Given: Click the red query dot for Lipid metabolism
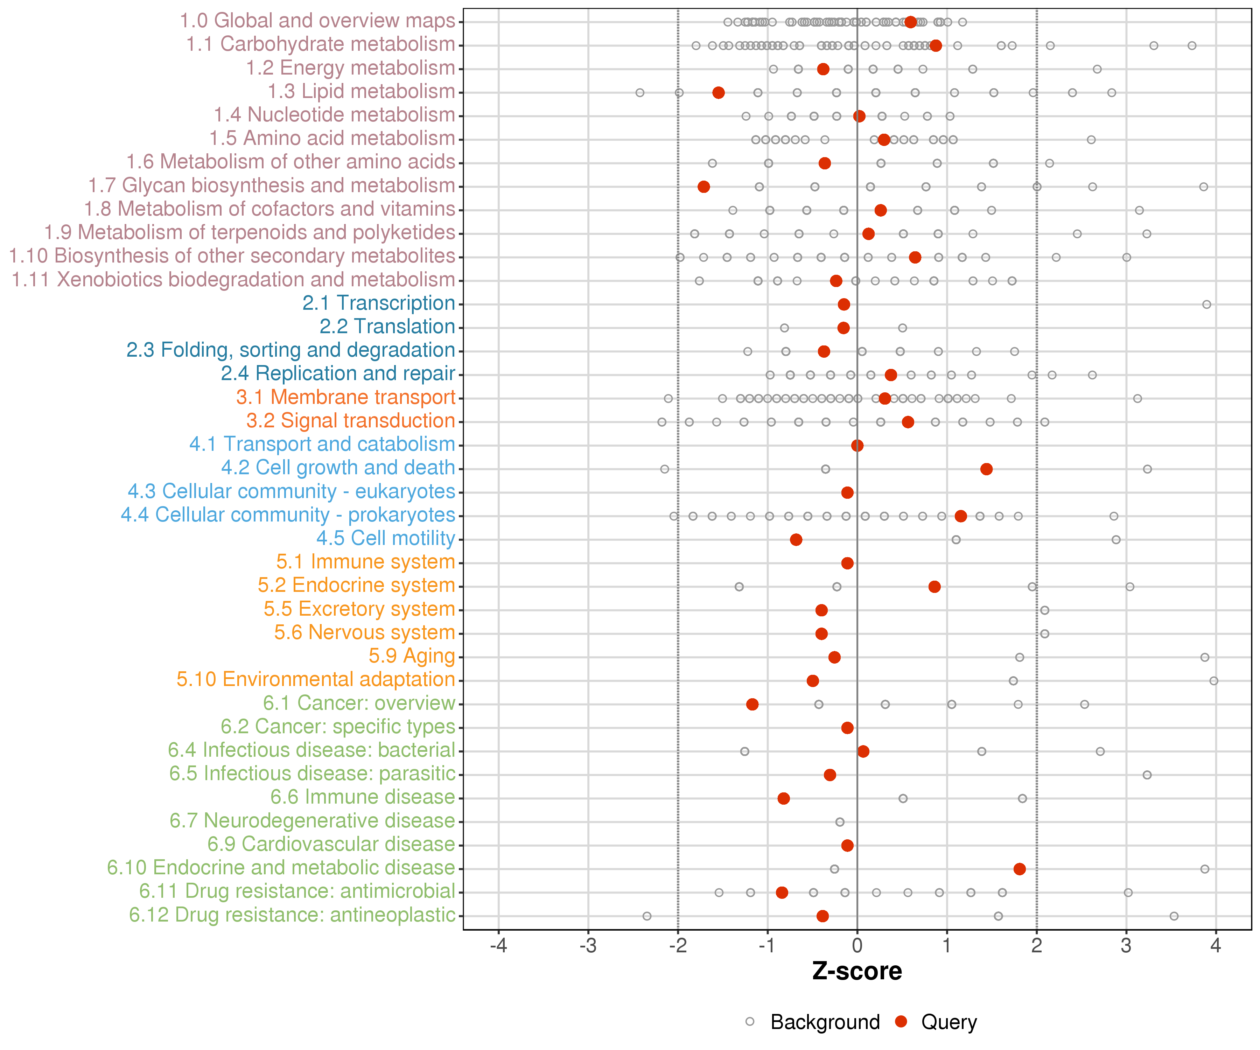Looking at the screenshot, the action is [718, 92].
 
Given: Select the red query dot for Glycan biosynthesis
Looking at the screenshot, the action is [704, 187].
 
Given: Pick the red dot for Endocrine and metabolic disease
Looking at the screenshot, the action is [1020, 869].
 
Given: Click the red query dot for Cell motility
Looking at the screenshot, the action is [796, 539].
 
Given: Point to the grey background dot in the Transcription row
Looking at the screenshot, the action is [1206, 304].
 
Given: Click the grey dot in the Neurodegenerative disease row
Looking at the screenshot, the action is [840, 822].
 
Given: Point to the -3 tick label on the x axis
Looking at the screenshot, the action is [588, 946].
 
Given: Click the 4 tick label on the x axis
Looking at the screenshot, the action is [1216, 946].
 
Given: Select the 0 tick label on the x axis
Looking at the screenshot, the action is [857, 946].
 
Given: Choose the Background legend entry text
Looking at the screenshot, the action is [825, 1022].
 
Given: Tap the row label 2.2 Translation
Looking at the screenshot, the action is [387, 327].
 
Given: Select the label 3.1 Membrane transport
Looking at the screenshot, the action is [345, 397].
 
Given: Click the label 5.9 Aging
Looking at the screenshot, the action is [412, 656].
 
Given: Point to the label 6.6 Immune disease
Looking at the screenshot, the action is [362, 797].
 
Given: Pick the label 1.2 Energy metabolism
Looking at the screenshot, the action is [350, 68].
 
